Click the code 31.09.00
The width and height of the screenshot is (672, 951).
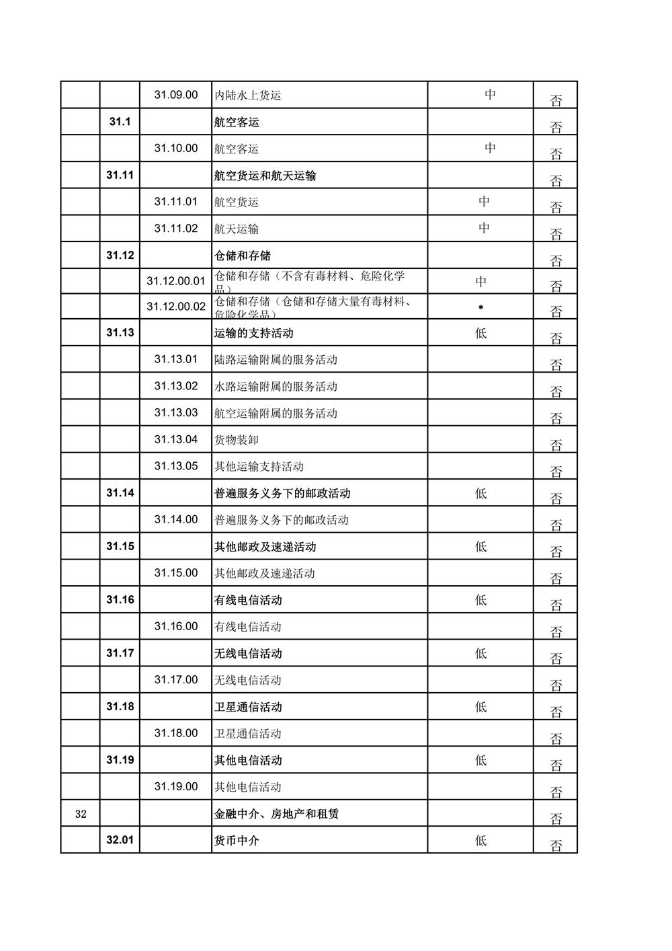coord(176,95)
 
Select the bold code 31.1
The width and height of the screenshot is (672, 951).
coord(120,122)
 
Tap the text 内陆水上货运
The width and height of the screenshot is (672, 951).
coord(247,96)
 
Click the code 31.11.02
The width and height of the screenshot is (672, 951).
coord(176,229)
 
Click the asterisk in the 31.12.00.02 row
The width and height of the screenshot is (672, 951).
coord(480,308)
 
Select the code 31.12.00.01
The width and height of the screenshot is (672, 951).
coord(176,281)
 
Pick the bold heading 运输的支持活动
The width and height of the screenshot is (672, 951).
coord(254,333)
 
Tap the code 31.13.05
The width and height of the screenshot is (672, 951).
coord(176,466)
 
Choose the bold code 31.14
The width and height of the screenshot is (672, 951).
coord(120,493)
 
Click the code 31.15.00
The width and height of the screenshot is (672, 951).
coord(176,573)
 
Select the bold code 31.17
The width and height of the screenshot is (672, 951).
coord(120,653)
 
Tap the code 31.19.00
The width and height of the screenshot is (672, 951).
coord(176,787)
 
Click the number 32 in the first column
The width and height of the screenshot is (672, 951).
coord(81,814)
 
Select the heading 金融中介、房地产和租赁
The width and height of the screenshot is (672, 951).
coord(277,814)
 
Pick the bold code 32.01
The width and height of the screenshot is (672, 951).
coord(120,840)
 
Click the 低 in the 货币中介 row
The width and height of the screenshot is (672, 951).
coord(480,840)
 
